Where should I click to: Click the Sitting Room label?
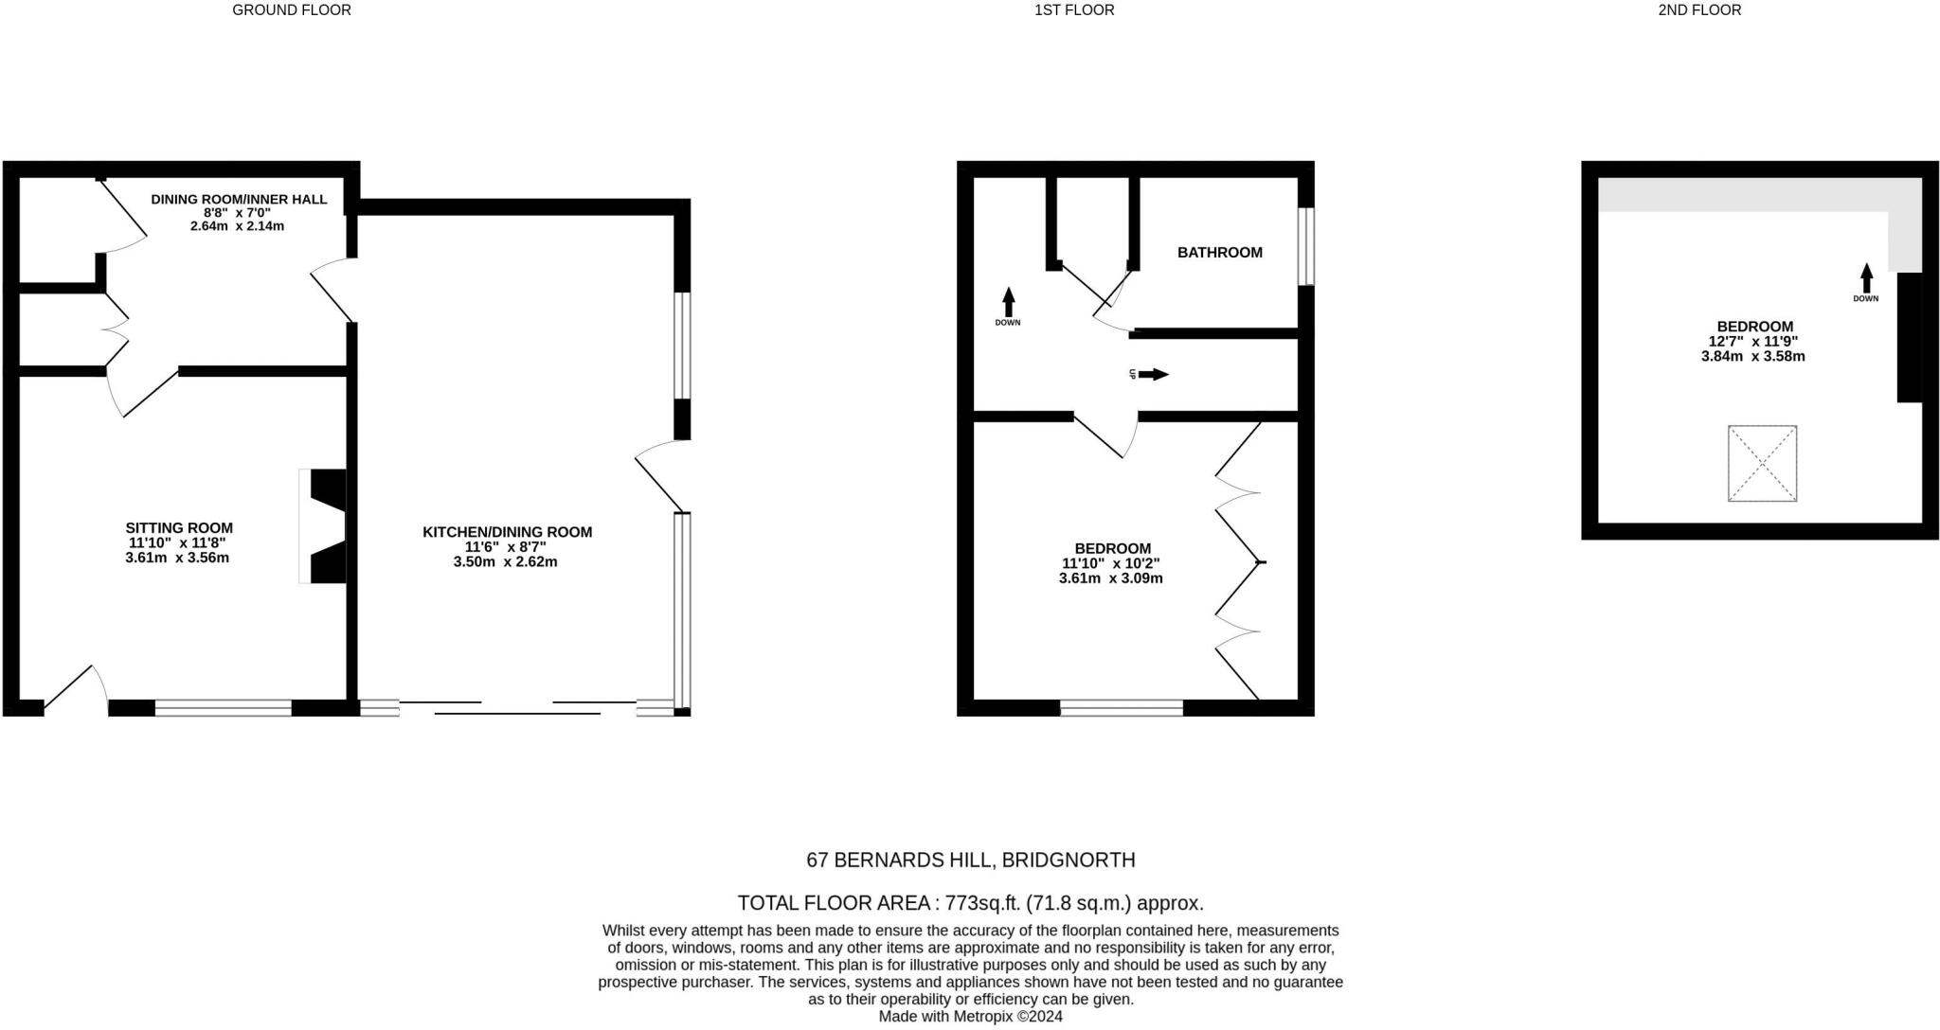click(179, 528)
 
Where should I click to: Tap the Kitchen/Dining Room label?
click(507, 532)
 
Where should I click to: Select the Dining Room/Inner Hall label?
click(239, 200)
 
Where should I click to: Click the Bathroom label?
click(1219, 253)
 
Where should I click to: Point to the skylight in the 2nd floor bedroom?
click(1762, 463)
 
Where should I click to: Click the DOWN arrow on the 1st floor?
click(1008, 303)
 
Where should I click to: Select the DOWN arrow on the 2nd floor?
click(1866, 279)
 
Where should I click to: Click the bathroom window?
click(1306, 246)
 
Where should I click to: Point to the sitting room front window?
click(224, 707)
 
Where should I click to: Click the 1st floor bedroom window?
click(1122, 707)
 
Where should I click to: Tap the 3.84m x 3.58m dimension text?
click(1752, 357)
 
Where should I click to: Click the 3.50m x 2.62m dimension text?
click(507, 561)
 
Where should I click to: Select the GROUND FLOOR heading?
click(292, 10)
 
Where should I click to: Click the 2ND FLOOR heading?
click(1699, 10)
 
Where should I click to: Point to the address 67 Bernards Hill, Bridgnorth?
click(970, 861)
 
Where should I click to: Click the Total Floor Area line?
click(970, 903)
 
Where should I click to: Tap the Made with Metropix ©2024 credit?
click(970, 1017)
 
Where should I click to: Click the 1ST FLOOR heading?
click(1074, 10)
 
